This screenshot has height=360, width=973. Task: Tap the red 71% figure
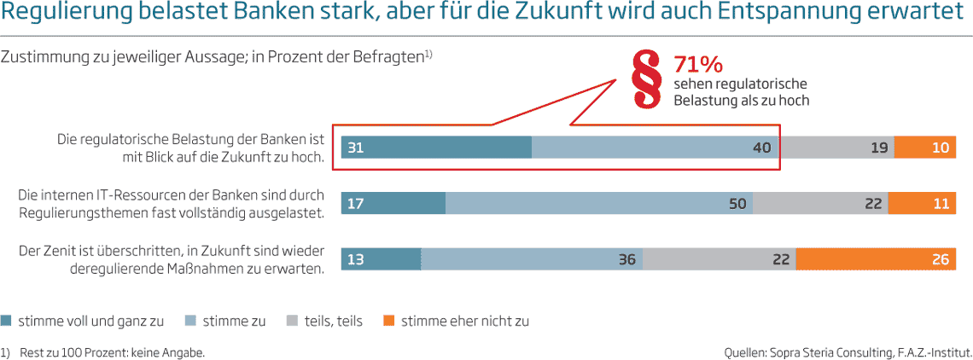[698, 65]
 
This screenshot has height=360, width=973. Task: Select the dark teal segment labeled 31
[436, 148]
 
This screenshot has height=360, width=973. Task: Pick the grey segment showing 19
[837, 148]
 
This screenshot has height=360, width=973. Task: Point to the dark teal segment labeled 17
[393, 203]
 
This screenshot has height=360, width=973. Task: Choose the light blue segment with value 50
[598, 203]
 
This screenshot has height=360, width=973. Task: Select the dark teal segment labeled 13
[381, 259]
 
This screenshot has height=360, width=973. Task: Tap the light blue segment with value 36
[532, 259]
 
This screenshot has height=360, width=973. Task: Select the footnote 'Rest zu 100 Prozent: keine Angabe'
[112, 351]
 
